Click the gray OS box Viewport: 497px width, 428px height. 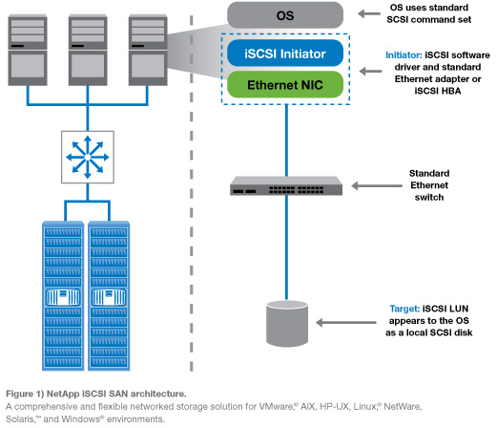pyautogui.click(x=283, y=15)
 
